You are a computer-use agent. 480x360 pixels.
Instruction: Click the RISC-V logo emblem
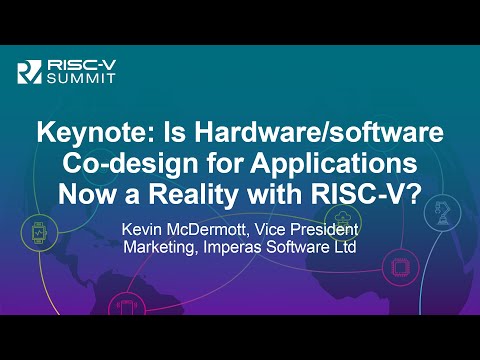tap(28, 70)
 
